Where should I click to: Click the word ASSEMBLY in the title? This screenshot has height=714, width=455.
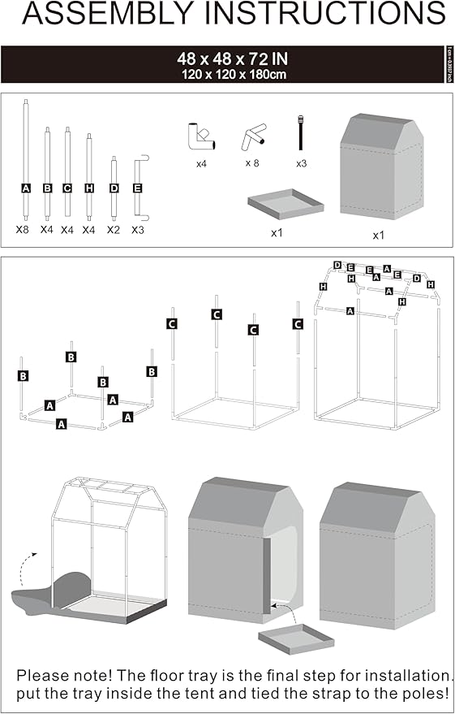pos(101,15)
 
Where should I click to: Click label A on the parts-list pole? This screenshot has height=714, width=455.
pos(27,188)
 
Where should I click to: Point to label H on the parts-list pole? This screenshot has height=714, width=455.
pos(88,188)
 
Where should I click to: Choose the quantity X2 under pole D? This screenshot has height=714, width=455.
pos(114,230)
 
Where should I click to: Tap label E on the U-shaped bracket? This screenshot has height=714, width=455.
pos(137,188)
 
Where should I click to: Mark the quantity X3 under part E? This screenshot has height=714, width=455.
pos(139,230)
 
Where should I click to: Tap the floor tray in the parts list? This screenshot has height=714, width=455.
pos(285,202)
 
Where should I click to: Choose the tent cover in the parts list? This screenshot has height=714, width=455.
pos(381,166)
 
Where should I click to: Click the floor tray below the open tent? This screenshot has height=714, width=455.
pos(296,638)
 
